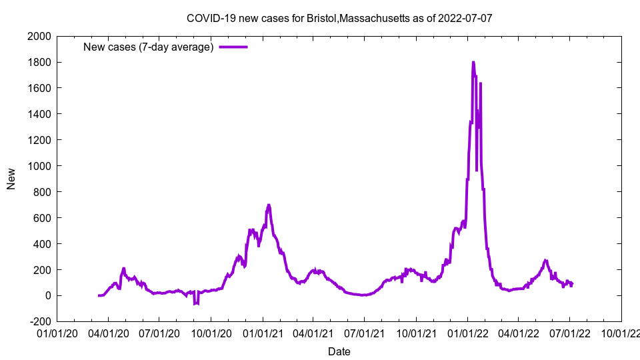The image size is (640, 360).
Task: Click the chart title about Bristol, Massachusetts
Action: click(x=339, y=18)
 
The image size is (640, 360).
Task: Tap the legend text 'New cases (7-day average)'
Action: click(x=148, y=47)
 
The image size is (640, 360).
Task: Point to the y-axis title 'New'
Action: click(x=11, y=179)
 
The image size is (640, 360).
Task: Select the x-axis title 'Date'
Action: click(x=339, y=351)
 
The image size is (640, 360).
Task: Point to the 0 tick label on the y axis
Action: click(x=47, y=296)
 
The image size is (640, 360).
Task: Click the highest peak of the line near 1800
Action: click(x=473, y=63)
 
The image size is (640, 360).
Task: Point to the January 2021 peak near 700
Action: click(x=269, y=205)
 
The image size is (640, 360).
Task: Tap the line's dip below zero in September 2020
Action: click(x=196, y=303)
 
